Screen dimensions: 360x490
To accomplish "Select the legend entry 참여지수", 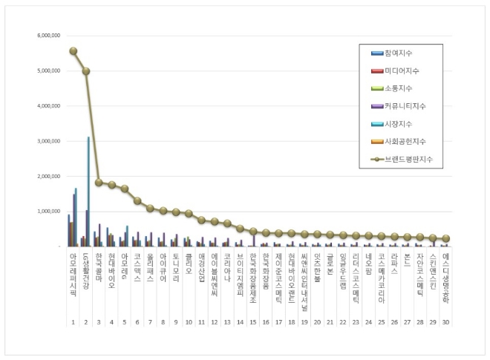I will coord(397,53).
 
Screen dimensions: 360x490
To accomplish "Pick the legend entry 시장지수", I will coord(397,124).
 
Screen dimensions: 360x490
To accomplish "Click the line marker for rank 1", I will coord(73,51).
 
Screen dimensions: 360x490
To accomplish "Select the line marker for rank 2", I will coord(86,71).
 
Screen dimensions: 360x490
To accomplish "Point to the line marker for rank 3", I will coord(99,182).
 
